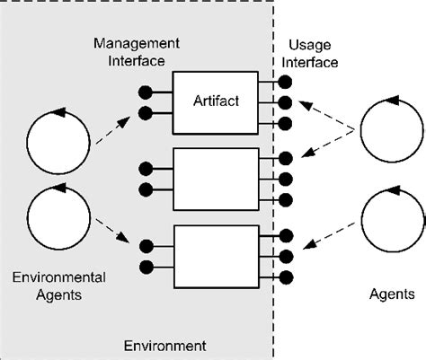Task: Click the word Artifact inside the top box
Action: (216, 101)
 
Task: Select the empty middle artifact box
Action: (216, 177)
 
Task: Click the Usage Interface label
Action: (313, 53)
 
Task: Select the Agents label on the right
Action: (393, 294)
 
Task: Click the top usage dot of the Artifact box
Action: (285, 82)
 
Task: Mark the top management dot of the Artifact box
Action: (146, 92)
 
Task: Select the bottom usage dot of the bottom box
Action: (285, 275)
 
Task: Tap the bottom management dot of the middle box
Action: (146, 189)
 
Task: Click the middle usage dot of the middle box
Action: (285, 178)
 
